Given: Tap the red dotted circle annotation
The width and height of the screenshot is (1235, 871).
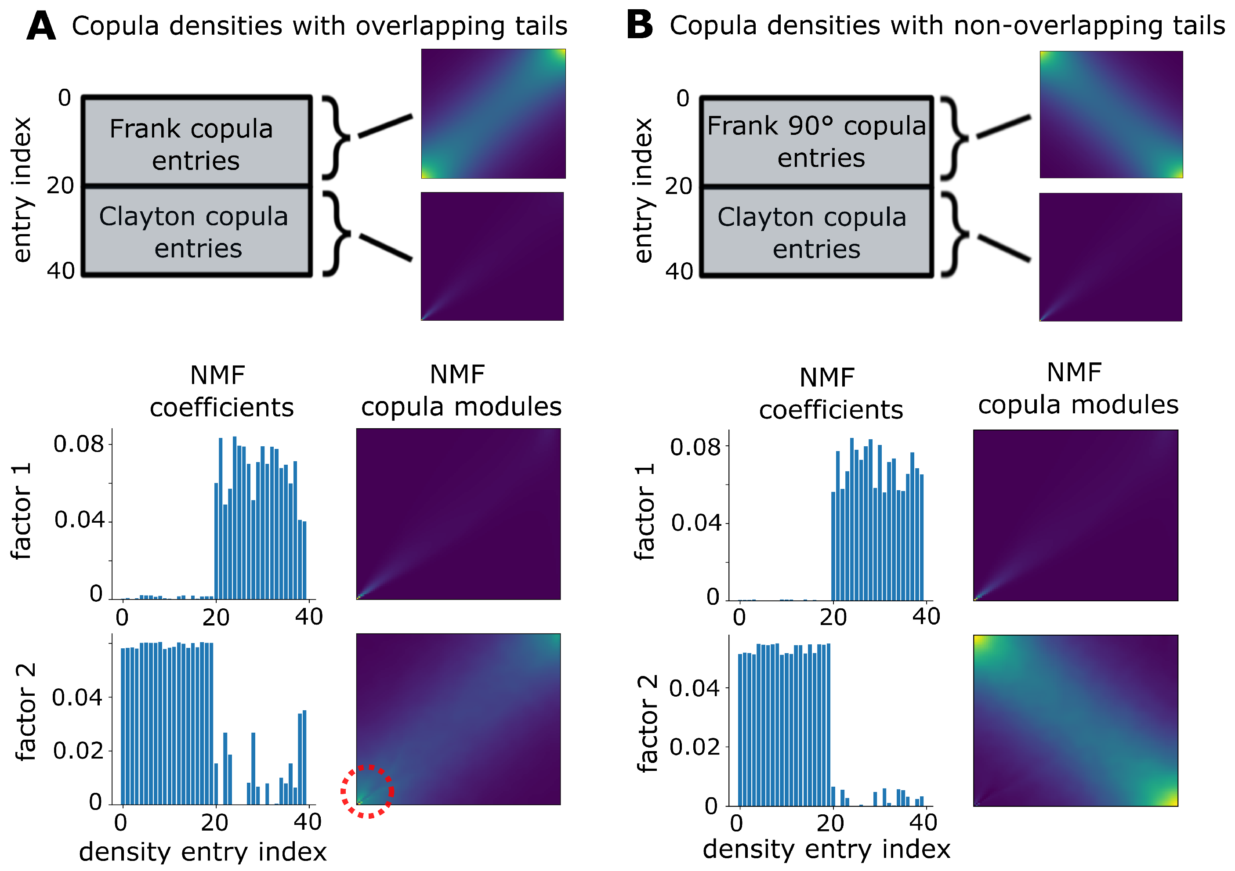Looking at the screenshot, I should (368, 791).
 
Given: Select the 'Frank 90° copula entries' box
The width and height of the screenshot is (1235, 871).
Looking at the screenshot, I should (816, 142).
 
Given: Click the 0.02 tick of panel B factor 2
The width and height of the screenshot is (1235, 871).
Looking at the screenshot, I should (695, 747).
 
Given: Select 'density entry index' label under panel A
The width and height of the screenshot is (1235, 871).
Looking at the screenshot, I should (203, 852).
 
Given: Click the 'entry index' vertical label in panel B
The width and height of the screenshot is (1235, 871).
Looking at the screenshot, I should (643, 191).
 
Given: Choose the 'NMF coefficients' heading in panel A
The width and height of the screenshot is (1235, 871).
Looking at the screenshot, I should (221, 391).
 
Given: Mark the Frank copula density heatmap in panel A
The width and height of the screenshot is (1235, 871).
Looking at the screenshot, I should (493, 113).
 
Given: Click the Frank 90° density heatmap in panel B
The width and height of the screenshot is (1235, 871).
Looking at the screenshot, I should (1111, 115).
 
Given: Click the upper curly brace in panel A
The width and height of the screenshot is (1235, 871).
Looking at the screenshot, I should (336, 137).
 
